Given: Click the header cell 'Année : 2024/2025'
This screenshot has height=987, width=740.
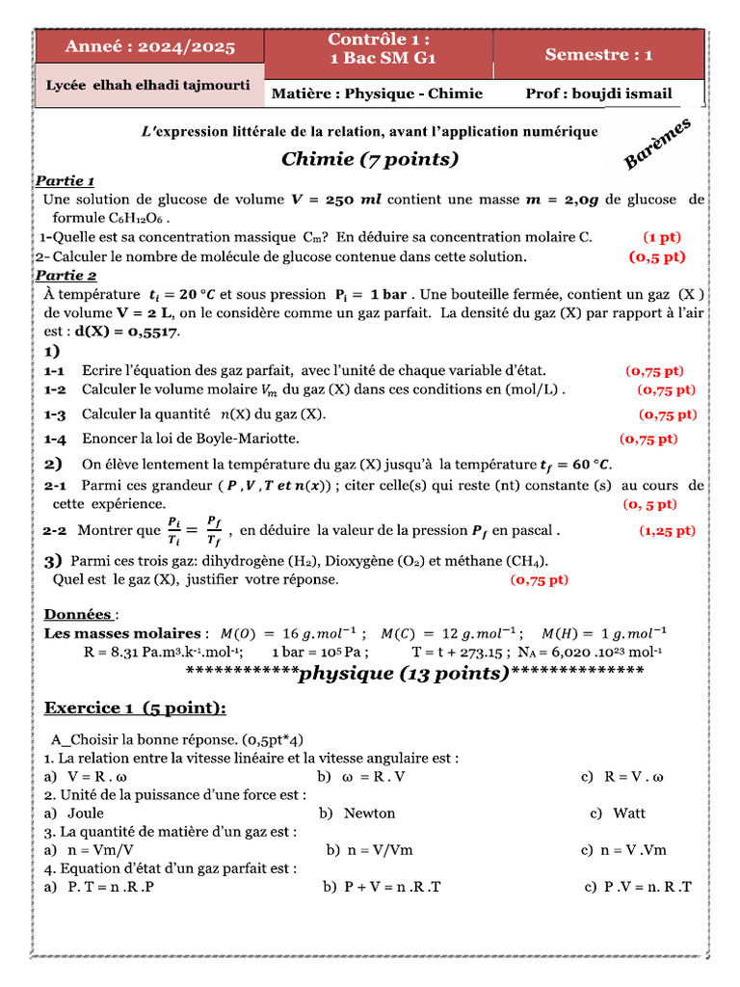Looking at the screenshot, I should click(149, 47).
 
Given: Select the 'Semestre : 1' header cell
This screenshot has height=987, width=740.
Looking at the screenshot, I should click(598, 55).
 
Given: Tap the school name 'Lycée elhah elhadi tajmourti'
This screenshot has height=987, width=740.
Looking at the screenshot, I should click(148, 85).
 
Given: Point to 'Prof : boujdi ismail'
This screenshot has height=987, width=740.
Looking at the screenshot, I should click(598, 93).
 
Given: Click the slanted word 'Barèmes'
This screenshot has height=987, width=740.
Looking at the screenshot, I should click(658, 146).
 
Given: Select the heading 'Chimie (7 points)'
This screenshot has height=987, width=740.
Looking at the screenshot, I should click(370, 159).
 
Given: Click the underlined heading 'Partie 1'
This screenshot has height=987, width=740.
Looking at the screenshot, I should click(65, 181).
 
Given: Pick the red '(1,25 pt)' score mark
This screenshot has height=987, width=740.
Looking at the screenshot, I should click(667, 530).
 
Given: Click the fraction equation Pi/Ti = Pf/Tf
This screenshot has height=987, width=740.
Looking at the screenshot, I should click(196, 530).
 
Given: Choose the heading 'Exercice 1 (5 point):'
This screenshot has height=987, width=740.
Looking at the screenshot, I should click(135, 708).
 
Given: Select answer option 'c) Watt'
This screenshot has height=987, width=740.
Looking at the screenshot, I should click(618, 814).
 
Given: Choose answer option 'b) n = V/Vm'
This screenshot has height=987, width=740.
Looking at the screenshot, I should click(369, 850).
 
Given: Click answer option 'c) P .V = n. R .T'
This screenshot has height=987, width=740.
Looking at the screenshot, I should click(638, 887).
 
